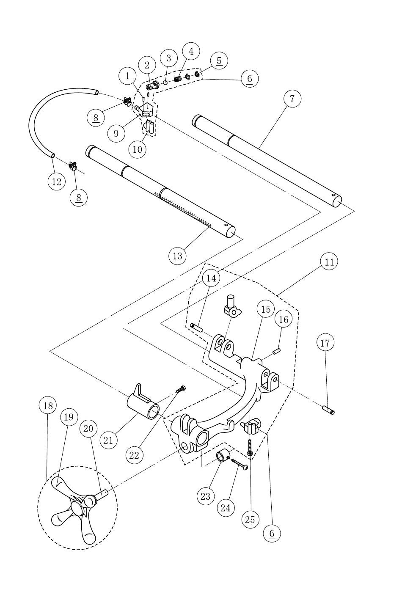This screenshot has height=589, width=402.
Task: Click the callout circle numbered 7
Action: coord(292,99)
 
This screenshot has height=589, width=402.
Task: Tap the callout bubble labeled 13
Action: coord(178,256)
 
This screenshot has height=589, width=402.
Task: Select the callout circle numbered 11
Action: coord(329,262)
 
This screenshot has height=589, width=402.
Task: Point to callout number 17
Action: coord(325,343)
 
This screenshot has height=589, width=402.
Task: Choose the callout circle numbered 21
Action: coord(108,440)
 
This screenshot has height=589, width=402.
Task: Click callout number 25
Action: coord(250,519)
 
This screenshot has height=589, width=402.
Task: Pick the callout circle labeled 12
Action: coord(57,182)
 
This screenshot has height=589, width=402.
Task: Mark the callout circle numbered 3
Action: coord(169,58)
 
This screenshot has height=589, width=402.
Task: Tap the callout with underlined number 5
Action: coord(219,61)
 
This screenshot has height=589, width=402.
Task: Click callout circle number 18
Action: coord(48,406)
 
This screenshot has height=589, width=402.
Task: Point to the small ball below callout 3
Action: coord(165,83)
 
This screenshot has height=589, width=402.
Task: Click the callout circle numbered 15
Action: coord(266,309)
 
